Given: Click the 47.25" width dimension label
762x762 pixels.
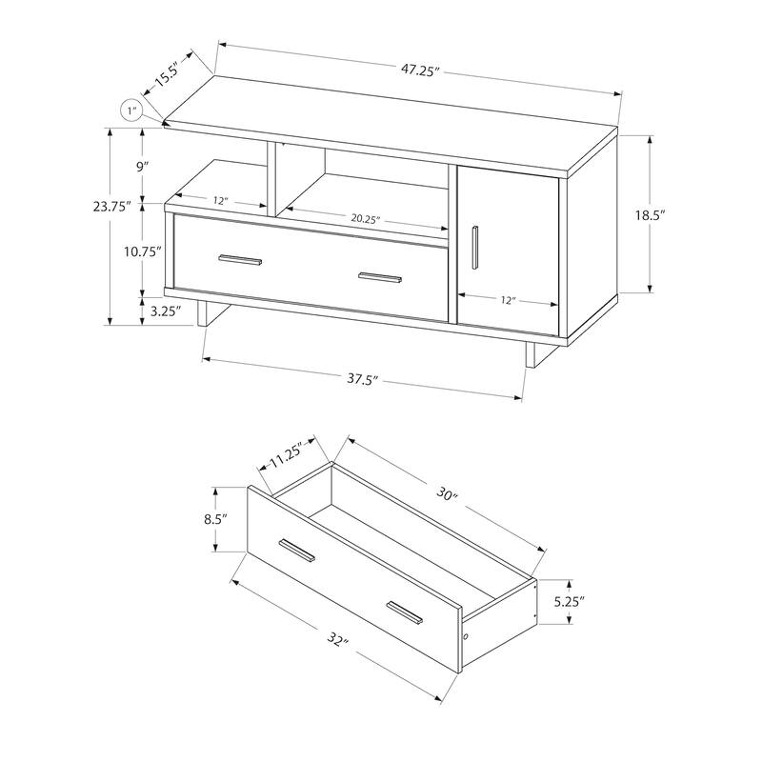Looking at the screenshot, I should [419, 70].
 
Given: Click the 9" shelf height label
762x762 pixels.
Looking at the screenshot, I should [143, 166].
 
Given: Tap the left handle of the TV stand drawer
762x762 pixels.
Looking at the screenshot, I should [241, 258].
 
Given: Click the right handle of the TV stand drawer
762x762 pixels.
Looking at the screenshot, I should [379, 278].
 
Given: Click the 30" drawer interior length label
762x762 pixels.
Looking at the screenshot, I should [448, 496].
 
